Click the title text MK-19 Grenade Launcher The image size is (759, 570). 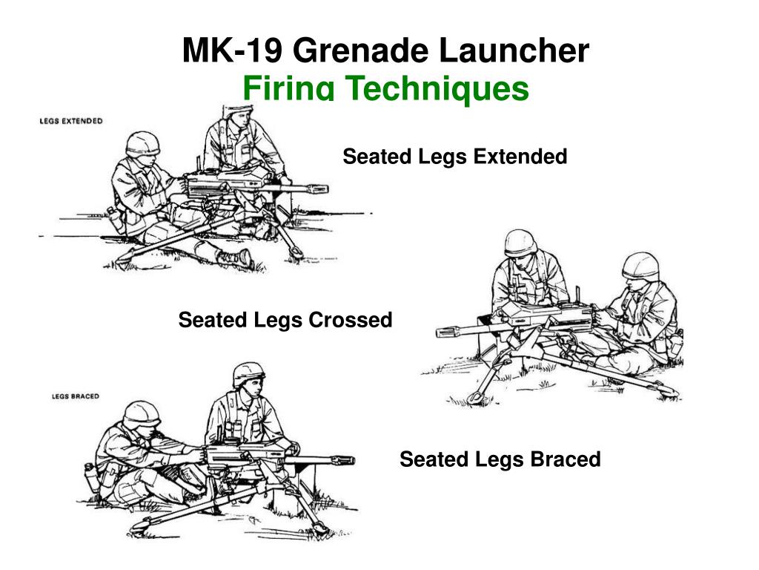point(385,50)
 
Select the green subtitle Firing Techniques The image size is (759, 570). point(385,89)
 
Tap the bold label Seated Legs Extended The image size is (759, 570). point(454,157)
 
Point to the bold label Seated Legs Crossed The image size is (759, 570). point(285,320)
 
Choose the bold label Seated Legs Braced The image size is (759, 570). point(500,459)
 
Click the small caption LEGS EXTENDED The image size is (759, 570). point(70,121)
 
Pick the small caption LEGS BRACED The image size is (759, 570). point(75,396)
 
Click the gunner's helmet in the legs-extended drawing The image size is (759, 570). point(142,142)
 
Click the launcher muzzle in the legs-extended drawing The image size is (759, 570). point(319,188)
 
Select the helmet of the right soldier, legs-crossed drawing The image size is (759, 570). point(640,265)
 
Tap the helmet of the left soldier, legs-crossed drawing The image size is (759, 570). point(520,243)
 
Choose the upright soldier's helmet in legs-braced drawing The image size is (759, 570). point(248,373)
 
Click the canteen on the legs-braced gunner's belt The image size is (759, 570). point(90,475)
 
